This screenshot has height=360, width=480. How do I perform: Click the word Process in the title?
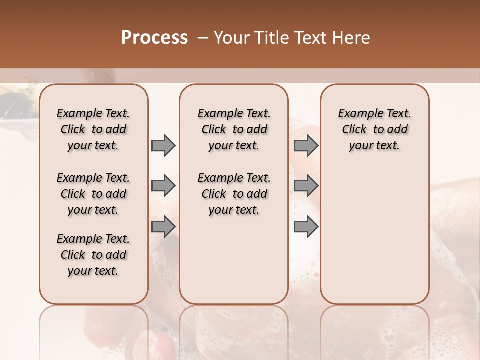tap(154, 37)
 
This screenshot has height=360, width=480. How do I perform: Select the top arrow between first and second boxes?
tap(163, 146)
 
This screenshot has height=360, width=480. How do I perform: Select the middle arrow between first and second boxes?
tap(163, 186)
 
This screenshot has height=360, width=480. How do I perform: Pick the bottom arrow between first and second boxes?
tap(163, 226)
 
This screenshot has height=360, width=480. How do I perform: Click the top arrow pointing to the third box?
tap(306, 146)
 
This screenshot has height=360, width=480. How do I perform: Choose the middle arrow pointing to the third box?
tap(306, 186)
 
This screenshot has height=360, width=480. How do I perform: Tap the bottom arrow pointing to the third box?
tap(306, 226)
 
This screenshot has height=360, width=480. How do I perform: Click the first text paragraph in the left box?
tap(93, 129)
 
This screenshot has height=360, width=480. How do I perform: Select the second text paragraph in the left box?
tap(93, 194)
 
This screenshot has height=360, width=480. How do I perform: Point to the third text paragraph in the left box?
tap(93, 255)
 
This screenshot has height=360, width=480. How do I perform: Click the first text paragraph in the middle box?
tap(234, 129)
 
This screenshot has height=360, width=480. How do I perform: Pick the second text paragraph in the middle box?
tap(234, 194)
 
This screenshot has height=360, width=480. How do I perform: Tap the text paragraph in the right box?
tap(375, 129)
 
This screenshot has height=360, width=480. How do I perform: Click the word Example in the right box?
tap(357, 114)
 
